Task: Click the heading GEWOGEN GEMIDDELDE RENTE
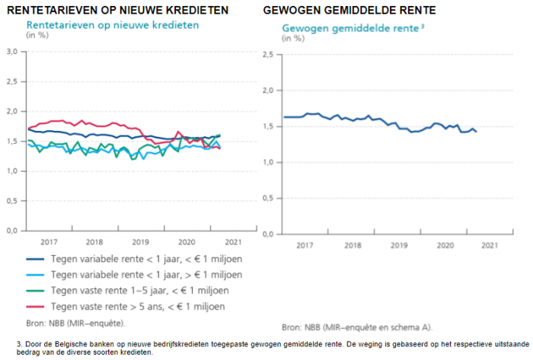[x=349, y=11]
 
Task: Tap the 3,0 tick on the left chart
[x=12, y=52]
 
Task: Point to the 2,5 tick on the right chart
[x=268, y=55]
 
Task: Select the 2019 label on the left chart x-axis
[x=140, y=241]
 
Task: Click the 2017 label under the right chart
[x=305, y=245]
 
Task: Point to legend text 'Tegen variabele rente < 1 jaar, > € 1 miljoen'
[x=146, y=275]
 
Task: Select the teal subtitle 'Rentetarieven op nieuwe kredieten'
[x=113, y=24]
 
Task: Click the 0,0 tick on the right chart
[x=268, y=234]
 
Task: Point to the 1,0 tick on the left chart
[x=12, y=170]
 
